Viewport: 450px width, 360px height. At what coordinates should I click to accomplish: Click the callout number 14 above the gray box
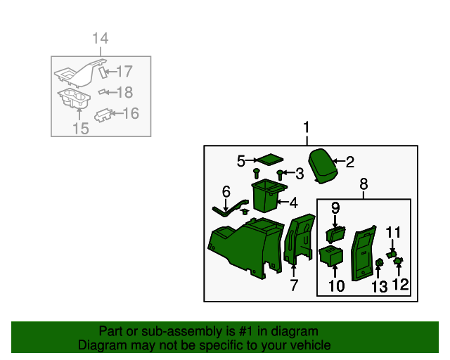(x=101, y=38)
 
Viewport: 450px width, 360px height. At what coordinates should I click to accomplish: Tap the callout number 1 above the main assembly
(x=307, y=127)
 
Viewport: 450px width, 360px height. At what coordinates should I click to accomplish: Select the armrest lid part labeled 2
(x=323, y=166)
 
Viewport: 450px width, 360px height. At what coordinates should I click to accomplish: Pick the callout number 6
(x=226, y=191)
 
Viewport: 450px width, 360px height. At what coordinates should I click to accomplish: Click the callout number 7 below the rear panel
(x=294, y=285)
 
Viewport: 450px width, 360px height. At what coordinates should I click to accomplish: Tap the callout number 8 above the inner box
(x=364, y=184)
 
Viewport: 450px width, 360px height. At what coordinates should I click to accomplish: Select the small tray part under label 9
(x=335, y=234)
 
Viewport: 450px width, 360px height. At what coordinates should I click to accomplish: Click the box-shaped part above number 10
(x=331, y=256)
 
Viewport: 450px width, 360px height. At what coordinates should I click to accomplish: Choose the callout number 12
(x=401, y=285)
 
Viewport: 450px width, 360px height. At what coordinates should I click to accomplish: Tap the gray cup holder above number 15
(x=74, y=98)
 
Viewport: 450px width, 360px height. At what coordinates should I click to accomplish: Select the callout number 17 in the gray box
(x=124, y=71)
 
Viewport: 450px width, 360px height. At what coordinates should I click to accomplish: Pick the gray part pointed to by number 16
(x=103, y=115)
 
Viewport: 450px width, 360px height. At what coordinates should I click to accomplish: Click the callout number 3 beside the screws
(x=300, y=174)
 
